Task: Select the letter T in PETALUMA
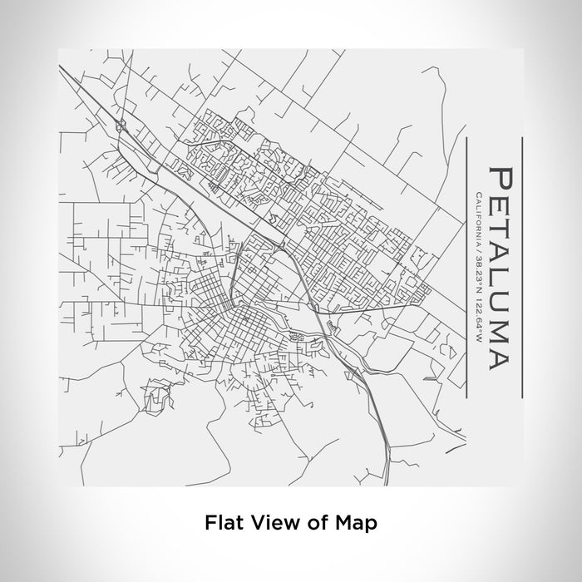(501, 228)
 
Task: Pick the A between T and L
(501, 252)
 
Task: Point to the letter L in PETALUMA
(501, 276)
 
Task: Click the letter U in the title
(501, 300)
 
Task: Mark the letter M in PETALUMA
(501, 328)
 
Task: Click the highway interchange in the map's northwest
(122, 126)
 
